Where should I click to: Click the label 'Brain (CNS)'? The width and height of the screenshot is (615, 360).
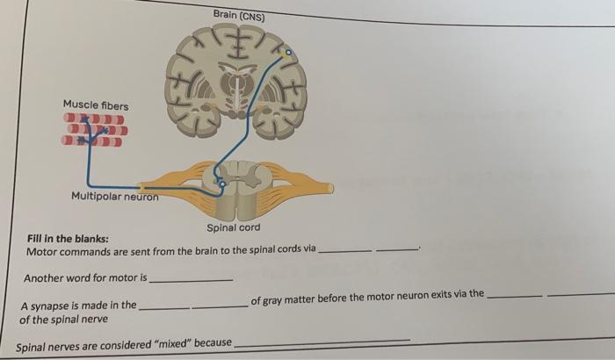point(238,15)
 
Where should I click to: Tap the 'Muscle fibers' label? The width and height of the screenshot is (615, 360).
point(95,106)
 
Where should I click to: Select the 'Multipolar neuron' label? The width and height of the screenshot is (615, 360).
point(114,196)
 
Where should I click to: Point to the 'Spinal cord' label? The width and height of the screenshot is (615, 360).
point(233,228)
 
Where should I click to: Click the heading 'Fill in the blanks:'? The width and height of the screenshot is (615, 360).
point(68,239)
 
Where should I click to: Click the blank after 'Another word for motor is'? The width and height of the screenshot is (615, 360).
point(192,279)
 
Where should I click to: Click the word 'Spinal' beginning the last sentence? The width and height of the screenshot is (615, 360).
point(33,346)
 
